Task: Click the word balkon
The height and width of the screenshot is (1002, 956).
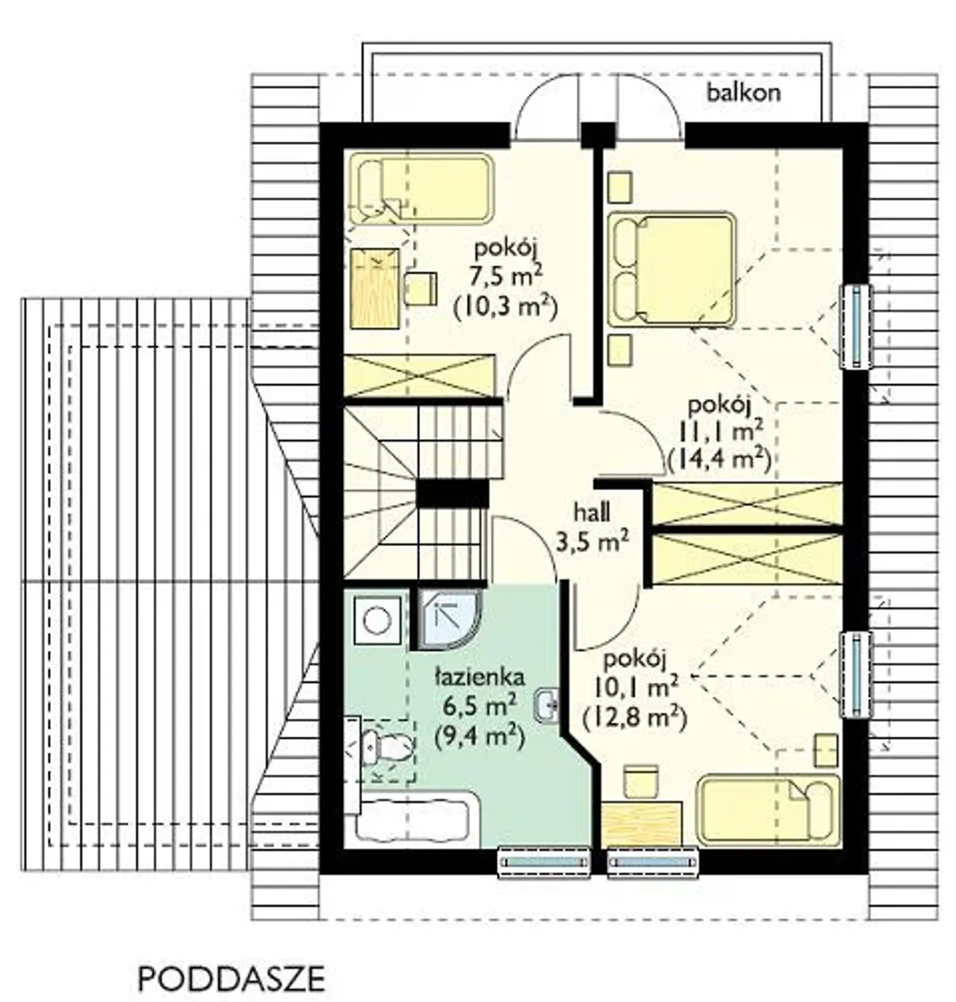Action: click(743, 93)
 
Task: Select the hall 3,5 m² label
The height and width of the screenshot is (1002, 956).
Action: click(592, 529)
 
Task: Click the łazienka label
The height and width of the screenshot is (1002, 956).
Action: click(479, 678)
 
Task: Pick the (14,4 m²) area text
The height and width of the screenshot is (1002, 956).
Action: click(718, 460)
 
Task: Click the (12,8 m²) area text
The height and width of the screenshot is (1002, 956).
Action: click(634, 718)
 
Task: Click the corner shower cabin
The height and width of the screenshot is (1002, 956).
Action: click(448, 620)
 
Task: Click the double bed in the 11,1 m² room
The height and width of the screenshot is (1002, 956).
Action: click(673, 268)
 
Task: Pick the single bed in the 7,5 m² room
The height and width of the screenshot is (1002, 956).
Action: click(421, 189)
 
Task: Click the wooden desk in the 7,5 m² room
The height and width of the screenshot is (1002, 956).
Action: click(374, 288)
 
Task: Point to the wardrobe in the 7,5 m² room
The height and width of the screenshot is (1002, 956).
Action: click(419, 376)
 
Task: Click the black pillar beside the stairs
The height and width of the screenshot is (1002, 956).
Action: click(453, 492)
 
